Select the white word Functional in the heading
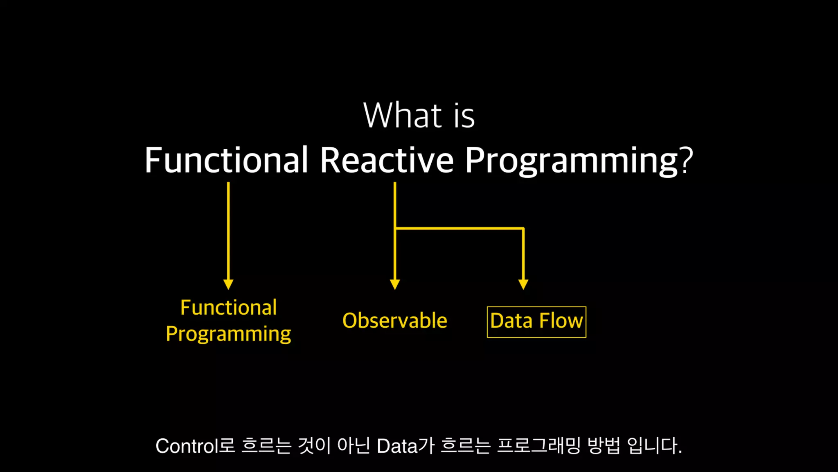click(226, 160)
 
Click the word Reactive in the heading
click(387, 160)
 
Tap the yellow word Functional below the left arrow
click(229, 307)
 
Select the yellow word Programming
click(229, 334)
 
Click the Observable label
click(395, 320)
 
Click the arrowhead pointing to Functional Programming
click(228, 284)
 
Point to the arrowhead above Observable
click(395, 284)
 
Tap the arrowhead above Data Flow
click(523, 284)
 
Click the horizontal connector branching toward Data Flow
click(460, 228)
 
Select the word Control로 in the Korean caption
click(195, 446)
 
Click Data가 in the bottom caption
click(405, 446)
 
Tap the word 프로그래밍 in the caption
click(539, 446)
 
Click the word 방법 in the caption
click(604, 446)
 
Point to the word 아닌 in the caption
click(354, 446)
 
